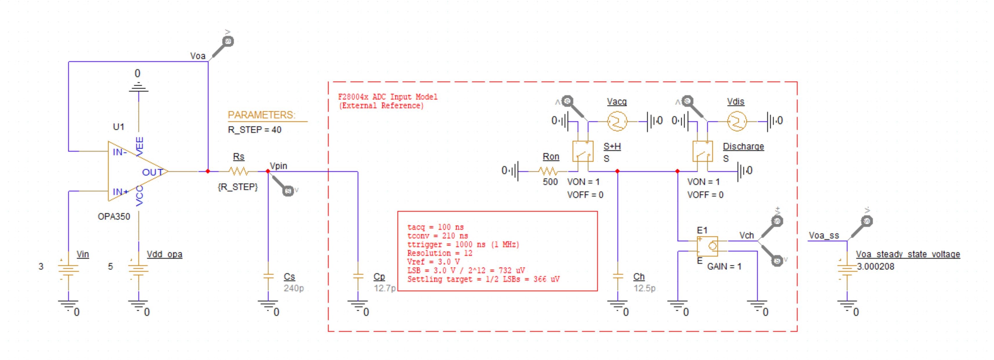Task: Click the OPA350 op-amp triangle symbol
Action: coord(133,171)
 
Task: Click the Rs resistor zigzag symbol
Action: coord(238,171)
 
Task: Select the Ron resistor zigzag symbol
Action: coord(548,171)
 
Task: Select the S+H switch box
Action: coord(583,151)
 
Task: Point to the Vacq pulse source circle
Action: coord(617,122)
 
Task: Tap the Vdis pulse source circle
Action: coord(737,122)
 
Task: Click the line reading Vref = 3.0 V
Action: coord(433,262)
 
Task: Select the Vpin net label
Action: coord(278,166)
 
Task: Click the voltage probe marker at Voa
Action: coord(228,41)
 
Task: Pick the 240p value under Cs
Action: coord(294,288)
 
